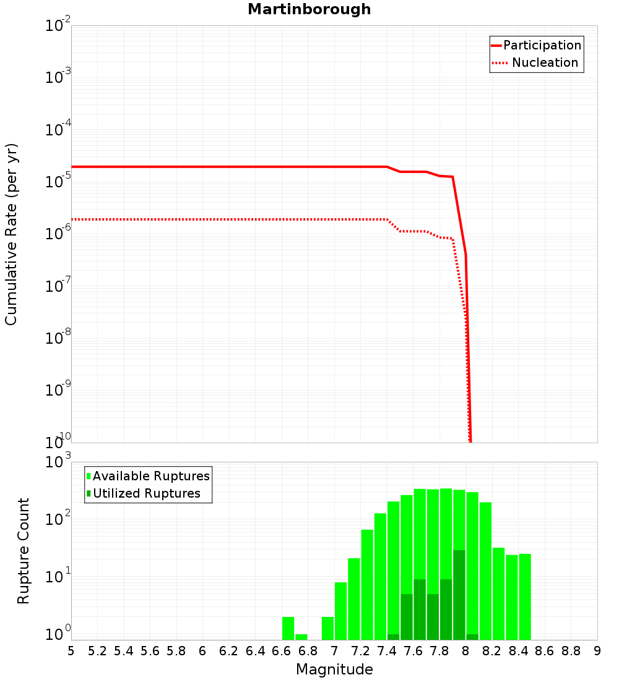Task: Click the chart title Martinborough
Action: (x=309, y=9)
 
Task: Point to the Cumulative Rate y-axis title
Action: (x=11, y=234)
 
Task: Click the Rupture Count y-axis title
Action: (x=24, y=551)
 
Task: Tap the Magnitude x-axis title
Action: (x=334, y=669)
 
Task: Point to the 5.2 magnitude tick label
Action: (x=97, y=651)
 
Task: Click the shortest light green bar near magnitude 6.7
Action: (x=301, y=637)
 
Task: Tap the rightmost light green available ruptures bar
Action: (x=525, y=597)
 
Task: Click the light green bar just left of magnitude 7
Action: (x=327, y=628)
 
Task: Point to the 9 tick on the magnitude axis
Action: (x=597, y=651)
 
